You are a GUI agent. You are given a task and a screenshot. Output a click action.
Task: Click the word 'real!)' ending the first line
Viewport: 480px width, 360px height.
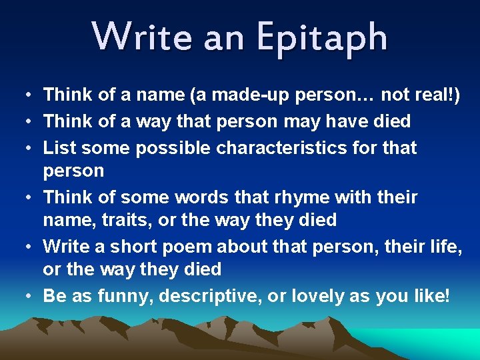(x=437, y=96)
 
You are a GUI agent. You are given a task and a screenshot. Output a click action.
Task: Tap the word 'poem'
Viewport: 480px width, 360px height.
(x=187, y=247)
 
